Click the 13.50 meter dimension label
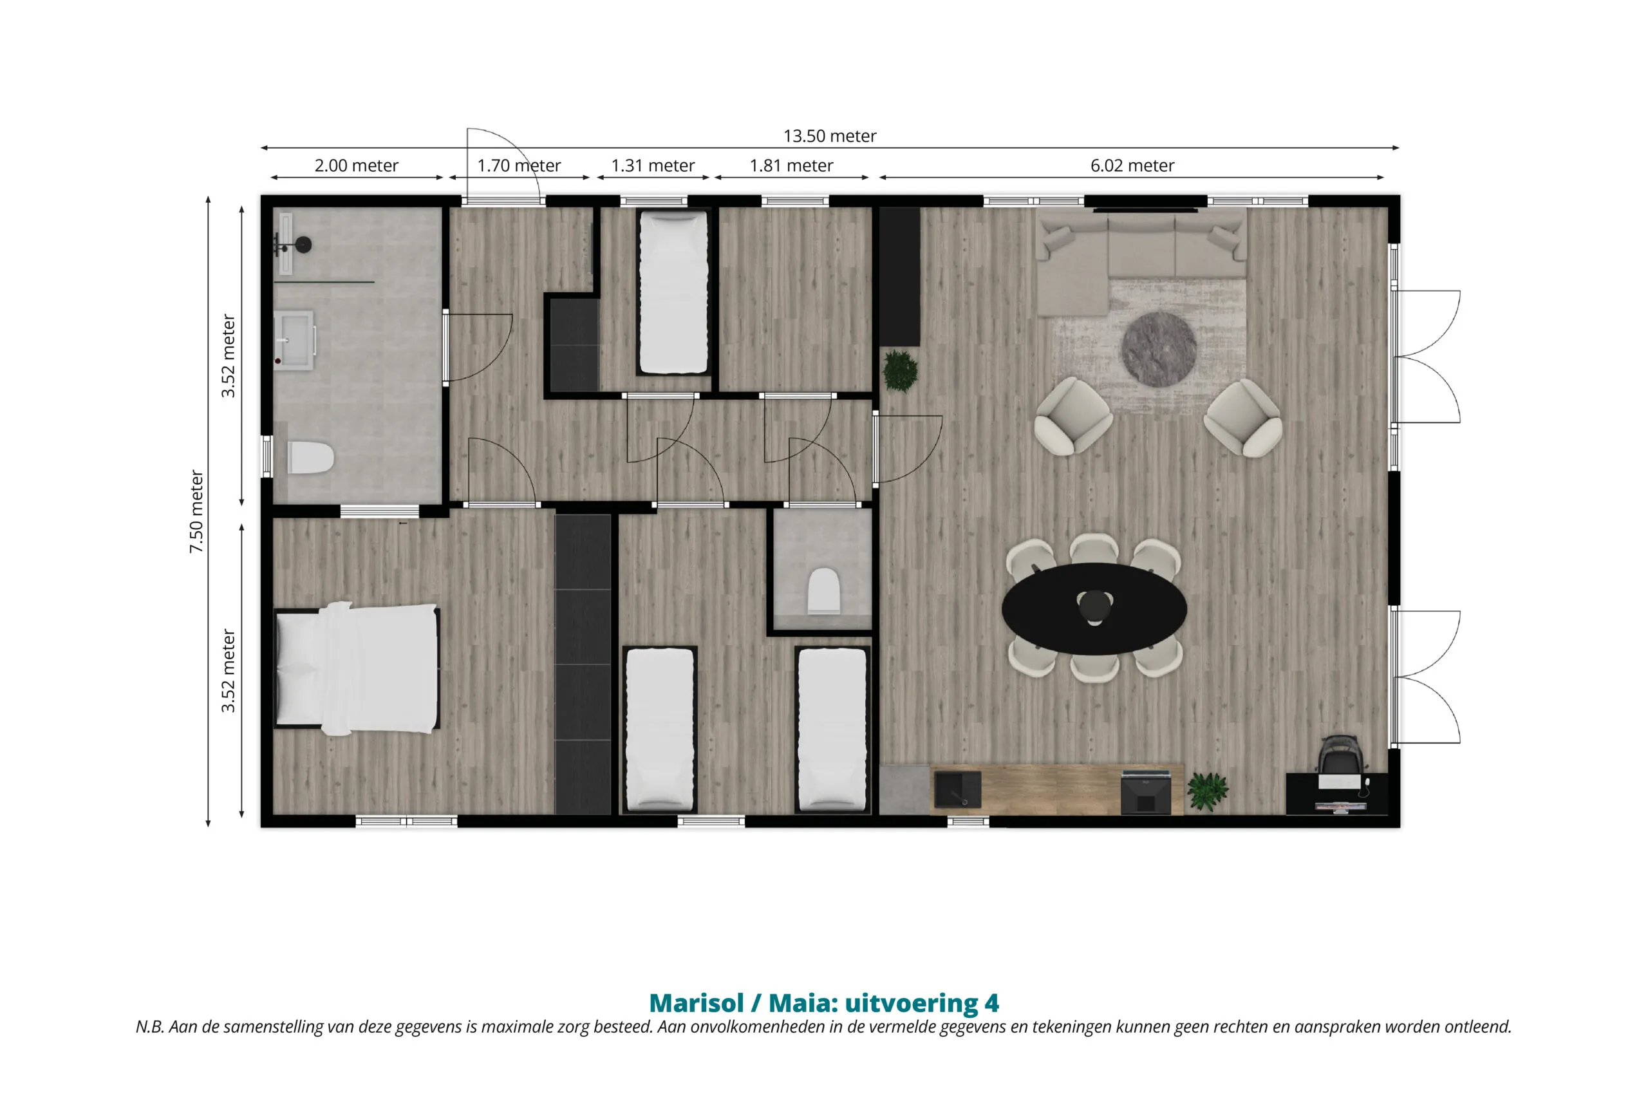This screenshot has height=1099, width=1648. [x=830, y=136]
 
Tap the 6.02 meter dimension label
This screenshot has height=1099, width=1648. [x=1132, y=165]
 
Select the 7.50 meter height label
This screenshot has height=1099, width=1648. [x=197, y=512]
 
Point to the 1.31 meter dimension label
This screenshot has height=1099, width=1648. [x=653, y=165]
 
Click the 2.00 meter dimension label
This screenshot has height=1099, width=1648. [x=356, y=165]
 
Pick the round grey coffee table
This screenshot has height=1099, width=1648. [x=1159, y=349]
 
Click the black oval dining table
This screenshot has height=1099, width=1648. [x=1094, y=608]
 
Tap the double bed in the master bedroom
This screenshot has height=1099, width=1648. [x=357, y=669]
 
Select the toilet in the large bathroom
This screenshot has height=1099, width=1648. [x=310, y=457]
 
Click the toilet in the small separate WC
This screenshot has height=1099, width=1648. [x=824, y=591]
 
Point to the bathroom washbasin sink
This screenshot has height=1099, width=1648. [x=294, y=340]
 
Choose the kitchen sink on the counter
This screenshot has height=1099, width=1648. [x=957, y=789]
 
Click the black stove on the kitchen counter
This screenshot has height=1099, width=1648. [x=1146, y=792]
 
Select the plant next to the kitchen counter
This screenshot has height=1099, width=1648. [x=1207, y=791]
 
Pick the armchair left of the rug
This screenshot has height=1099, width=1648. [x=1072, y=417]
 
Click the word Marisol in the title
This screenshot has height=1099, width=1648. [x=697, y=1003]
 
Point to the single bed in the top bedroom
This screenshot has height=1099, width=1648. [x=673, y=292]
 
